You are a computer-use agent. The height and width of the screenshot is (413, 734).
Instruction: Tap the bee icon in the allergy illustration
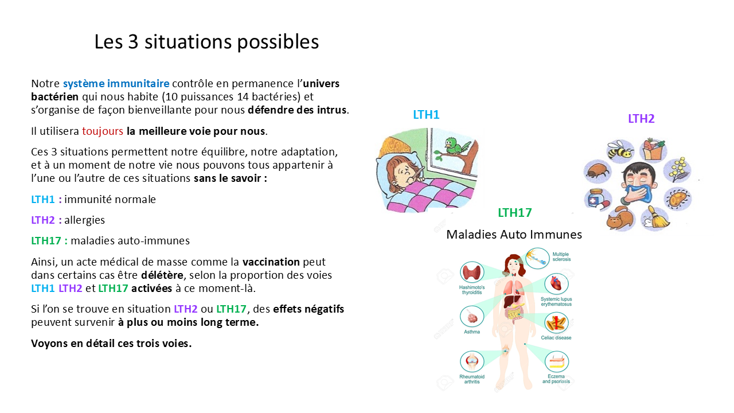(620, 150)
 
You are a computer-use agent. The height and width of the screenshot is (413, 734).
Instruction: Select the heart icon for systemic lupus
(556, 283)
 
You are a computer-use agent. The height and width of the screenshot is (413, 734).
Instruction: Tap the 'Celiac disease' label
(556, 338)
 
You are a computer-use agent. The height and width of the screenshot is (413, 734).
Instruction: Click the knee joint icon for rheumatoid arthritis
(472, 361)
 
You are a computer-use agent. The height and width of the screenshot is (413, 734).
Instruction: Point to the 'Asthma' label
(472, 332)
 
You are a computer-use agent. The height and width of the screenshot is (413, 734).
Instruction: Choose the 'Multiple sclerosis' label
(561, 256)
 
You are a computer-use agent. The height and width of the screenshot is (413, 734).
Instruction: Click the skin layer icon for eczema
(556, 362)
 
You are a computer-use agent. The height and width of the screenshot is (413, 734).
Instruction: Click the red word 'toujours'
(103, 131)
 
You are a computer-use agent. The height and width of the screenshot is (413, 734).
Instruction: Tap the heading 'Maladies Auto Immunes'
(514, 234)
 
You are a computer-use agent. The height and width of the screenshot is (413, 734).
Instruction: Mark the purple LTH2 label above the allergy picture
(641, 119)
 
